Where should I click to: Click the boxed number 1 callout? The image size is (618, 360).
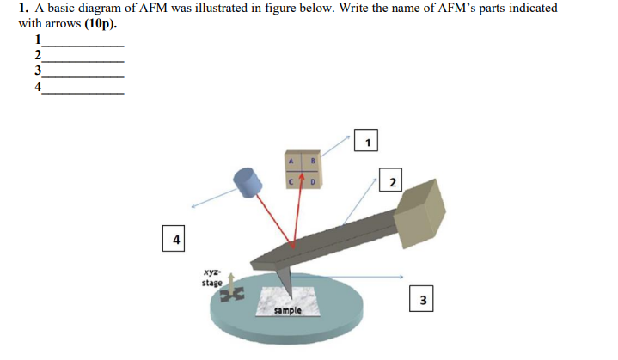368,141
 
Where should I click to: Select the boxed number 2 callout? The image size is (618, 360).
392,181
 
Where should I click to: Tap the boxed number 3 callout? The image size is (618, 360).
422,299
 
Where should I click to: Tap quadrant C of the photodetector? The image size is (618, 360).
291,181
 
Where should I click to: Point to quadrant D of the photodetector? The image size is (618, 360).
313,181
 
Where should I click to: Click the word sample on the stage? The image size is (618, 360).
288,309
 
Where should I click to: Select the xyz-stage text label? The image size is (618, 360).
211,276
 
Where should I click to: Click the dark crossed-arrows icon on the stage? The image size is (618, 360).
232,295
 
